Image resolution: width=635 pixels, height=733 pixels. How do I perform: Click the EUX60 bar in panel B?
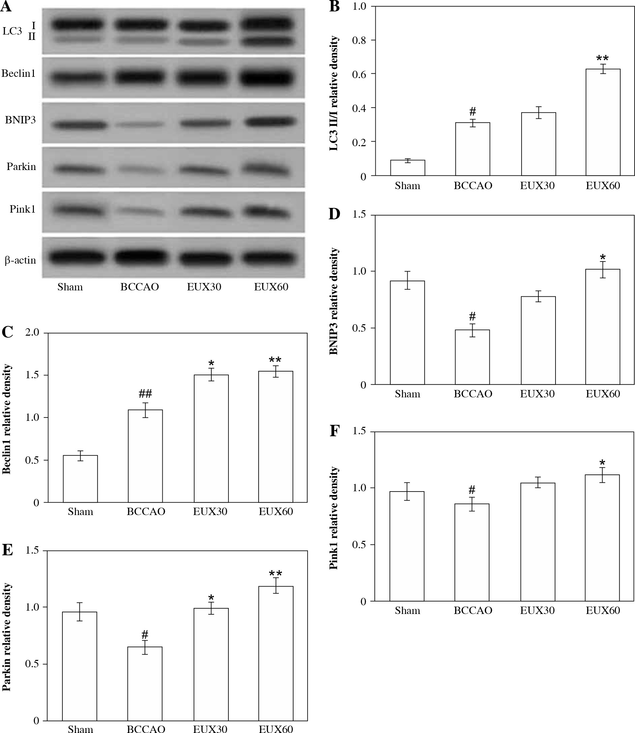(603, 122)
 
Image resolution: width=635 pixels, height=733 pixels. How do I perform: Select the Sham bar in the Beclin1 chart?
(81, 478)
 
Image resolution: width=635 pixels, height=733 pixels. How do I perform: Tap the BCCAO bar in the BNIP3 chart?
(473, 357)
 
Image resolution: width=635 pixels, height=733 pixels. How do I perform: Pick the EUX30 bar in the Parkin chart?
(211, 664)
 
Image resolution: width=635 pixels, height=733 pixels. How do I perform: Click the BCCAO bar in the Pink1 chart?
(472, 552)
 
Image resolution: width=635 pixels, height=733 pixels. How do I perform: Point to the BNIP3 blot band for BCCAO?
(139, 124)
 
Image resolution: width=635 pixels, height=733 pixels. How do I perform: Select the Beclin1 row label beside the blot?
(18, 73)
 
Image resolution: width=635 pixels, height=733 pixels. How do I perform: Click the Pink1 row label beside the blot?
(22, 209)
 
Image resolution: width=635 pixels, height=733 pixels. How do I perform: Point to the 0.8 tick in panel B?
(359, 40)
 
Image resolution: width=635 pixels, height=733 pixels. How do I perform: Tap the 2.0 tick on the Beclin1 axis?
(32, 333)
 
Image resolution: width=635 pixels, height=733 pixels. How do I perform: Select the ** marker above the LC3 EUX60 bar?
(602, 58)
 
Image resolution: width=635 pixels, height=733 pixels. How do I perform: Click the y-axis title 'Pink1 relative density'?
(334, 518)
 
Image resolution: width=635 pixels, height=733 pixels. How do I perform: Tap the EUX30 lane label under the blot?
(204, 287)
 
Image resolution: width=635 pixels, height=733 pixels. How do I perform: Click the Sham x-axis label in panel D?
(408, 394)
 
